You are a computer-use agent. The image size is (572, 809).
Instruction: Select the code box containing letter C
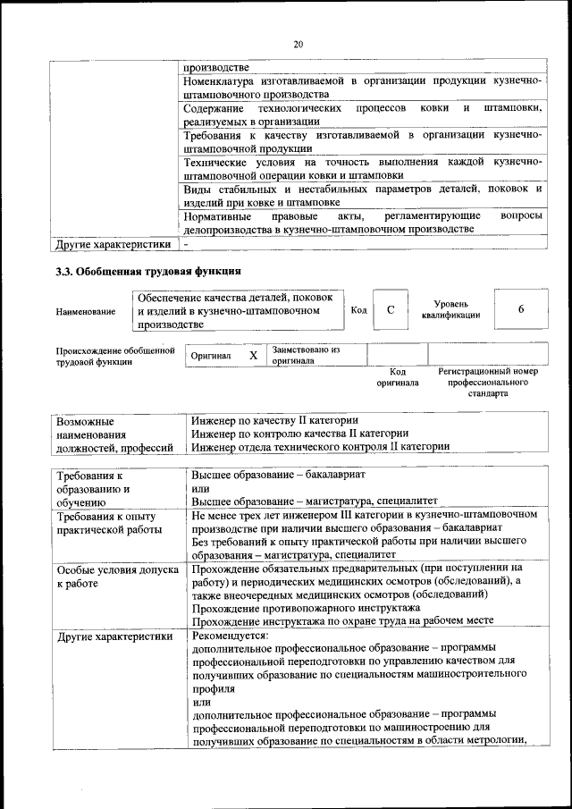[391, 309]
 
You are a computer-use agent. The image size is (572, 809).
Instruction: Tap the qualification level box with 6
[520, 309]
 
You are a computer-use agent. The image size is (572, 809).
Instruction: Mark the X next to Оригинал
[253, 355]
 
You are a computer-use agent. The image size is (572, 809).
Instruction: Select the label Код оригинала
[398, 376]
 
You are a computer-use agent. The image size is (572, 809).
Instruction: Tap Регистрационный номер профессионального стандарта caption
[487, 382]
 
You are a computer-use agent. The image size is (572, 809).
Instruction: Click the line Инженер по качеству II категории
[275, 419]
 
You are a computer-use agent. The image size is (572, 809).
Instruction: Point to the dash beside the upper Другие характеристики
[186, 243]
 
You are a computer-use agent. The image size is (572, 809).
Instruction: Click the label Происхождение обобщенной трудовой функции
[114, 356]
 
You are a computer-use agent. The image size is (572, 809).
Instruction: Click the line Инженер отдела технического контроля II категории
[320, 446]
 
